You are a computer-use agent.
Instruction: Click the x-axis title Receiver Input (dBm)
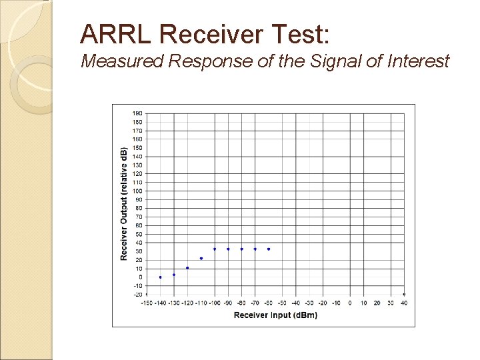pos(275,315)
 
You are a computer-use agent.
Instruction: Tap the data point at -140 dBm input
pos(160,277)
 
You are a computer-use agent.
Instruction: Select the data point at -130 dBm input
pos(174,275)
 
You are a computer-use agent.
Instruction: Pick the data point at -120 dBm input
pos(187,268)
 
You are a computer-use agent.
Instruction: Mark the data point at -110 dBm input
pos(201,259)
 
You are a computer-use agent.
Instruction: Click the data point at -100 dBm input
pos(215,249)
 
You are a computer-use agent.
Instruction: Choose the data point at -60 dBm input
pos(269,249)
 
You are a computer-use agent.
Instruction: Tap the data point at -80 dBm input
pos(241,249)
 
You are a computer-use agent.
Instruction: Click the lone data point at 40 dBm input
pos(404,294)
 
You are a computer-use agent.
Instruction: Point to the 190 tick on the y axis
pos(137,113)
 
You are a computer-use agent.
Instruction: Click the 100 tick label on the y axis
pos(137,191)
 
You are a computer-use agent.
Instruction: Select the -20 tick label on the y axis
pos(137,294)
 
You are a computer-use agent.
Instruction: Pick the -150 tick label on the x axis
pos(147,303)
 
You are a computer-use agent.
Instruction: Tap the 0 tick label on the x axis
pos(350,303)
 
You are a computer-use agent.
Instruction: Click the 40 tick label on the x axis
pos(404,303)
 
